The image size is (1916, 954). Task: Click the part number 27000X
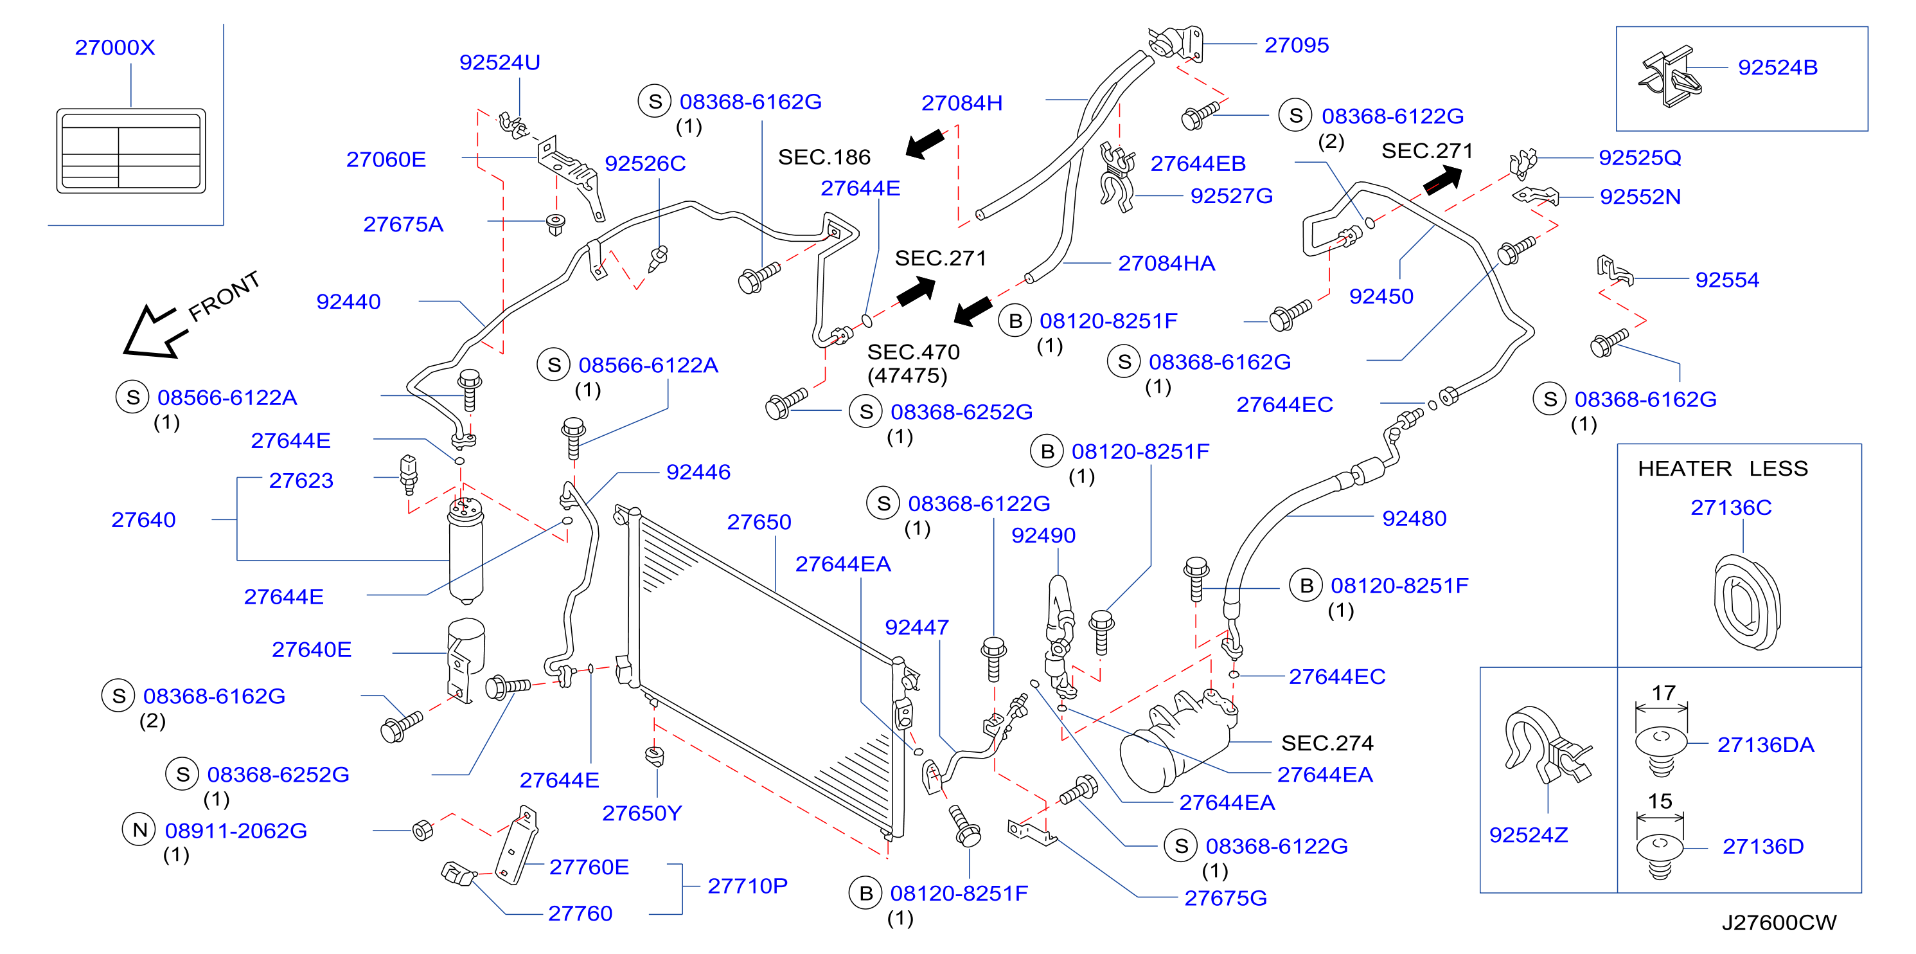tap(114, 48)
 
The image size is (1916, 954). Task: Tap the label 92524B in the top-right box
tap(1778, 67)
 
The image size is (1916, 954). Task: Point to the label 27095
tap(1297, 46)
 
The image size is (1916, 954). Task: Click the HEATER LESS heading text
tap(1723, 468)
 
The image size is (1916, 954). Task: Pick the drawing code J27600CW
tap(1779, 923)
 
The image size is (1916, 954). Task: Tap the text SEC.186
tap(824, 157)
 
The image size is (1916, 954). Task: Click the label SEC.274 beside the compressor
tap(1327, 742)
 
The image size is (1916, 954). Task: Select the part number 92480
tap(1414, 519)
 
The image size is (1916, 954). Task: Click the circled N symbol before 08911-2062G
tap(139, 830)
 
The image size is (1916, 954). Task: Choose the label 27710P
tap(747, 887)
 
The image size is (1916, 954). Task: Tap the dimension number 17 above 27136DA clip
tap(1663, 693)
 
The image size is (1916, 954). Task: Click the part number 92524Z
tap(1529, 835)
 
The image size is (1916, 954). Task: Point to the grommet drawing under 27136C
tap(1747, 602)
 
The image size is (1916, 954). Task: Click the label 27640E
tap(312, 650)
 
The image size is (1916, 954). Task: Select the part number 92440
tap(348, 301)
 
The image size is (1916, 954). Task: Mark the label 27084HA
tap(1166, 264)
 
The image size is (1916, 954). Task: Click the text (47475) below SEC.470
tap(907, 376)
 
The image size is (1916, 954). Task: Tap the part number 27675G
tap(1226, 898)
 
